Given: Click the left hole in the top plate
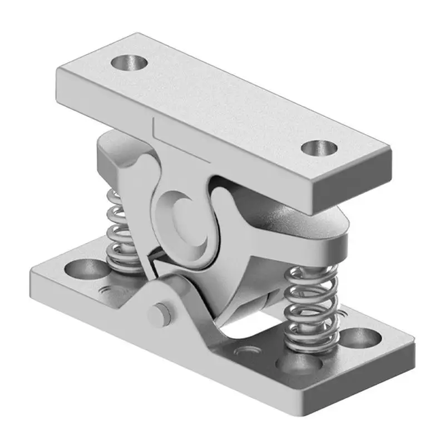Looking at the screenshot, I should [129, 62].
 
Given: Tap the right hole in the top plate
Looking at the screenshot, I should [319, 149].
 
